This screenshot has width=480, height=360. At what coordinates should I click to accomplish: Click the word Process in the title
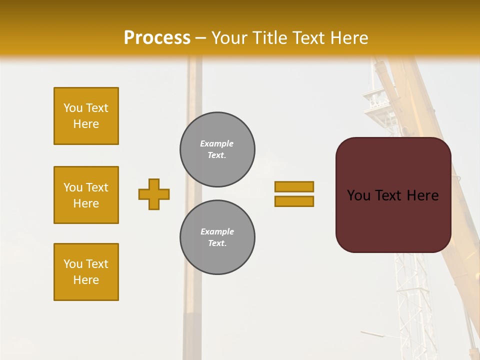(x=157, y=38)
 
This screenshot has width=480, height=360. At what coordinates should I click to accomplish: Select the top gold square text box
(x=86, y=116)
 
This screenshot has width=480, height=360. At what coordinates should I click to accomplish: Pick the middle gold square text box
(x=86, y=195)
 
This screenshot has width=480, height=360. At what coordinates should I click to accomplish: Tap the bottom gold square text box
(x=86, y=272)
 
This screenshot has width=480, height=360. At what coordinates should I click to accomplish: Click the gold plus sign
(x=154, y=194)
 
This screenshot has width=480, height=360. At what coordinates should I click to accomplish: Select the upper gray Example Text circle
(x=217, y=149)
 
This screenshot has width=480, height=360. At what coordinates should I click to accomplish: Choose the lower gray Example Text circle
(x=217, y=237)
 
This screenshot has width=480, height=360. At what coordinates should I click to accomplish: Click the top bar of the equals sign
(x=294, y=186)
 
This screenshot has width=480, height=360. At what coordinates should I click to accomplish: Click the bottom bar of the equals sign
(x=294, y=201)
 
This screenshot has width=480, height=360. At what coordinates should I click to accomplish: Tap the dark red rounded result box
(x=393, y=220)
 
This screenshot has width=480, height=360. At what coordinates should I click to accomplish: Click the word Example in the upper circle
(x=216, y=143)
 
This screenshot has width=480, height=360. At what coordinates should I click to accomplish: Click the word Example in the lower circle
(x=217, y=231)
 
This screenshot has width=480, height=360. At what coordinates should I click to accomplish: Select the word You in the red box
(x=358, y=195)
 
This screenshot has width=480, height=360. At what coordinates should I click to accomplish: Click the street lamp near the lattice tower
(x=372, y=333)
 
